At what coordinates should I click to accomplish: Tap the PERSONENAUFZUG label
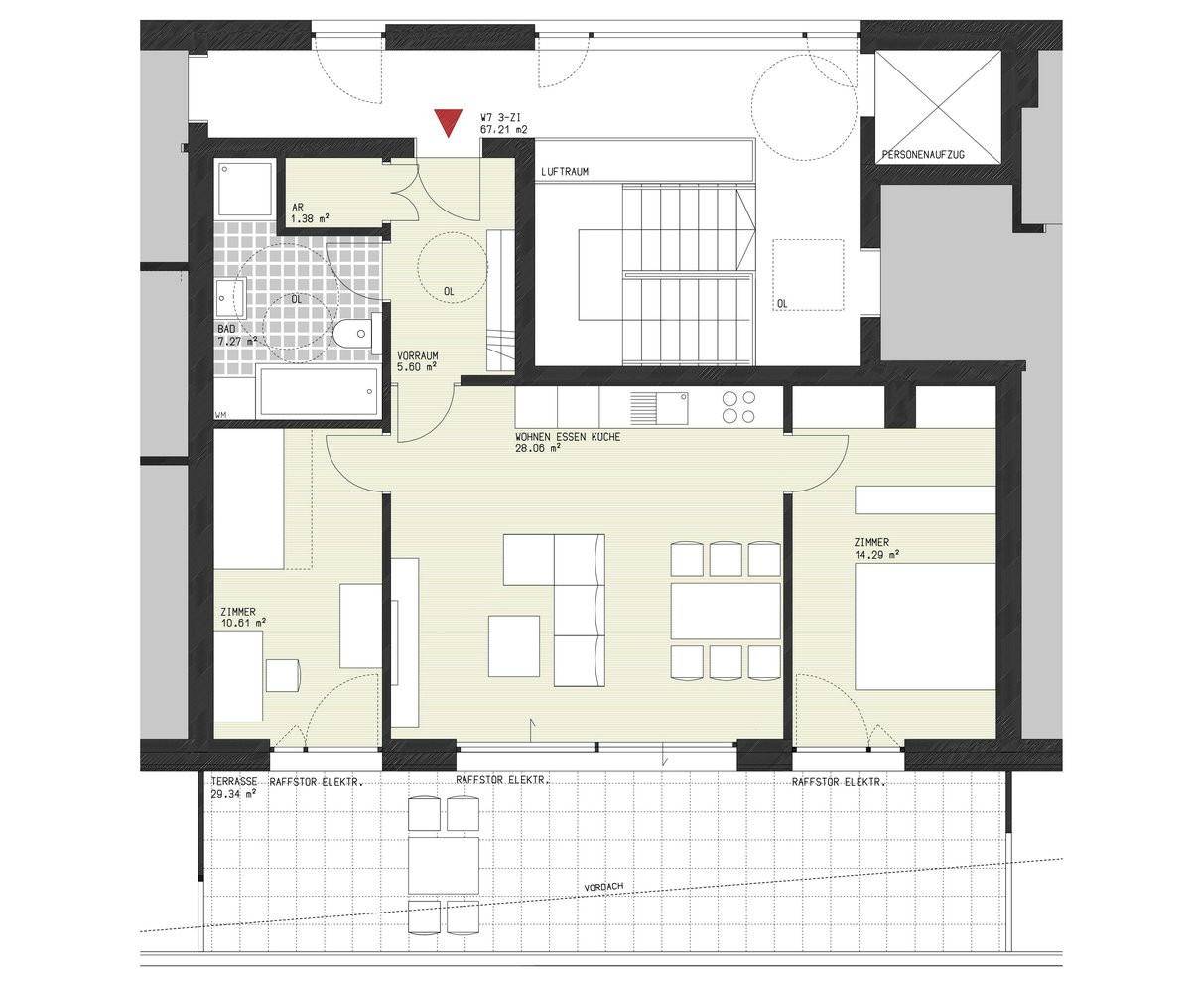click(x=923, y=155)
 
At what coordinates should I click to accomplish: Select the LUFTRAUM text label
click(x=565, y=171)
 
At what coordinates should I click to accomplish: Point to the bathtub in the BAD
click(x=319, y=391)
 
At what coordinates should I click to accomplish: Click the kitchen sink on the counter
click(x=659, y=408)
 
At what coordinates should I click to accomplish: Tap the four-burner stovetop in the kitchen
click(x=738, y=407)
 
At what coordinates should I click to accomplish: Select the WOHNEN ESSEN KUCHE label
click(x=568, y=437)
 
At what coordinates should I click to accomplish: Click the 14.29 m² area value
click(x=876, y=554)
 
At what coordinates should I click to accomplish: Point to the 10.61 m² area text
click(x=243, y=623)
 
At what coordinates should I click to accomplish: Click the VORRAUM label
click(x=418, y=356)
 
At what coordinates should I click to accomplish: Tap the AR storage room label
click(x=297, y=208)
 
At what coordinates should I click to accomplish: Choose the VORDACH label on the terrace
click(x=603, y=887)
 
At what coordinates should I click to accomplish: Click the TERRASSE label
click(x=234, y=781)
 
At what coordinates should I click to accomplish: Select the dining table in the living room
click(x=726, y=611)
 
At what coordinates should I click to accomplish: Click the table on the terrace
click(x=444, y=865)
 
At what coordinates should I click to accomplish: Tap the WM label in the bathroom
click(x=220, y=415)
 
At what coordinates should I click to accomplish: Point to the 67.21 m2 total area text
click(x=503, y=130)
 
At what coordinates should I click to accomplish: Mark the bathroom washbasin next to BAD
click(x=230, y=297)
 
